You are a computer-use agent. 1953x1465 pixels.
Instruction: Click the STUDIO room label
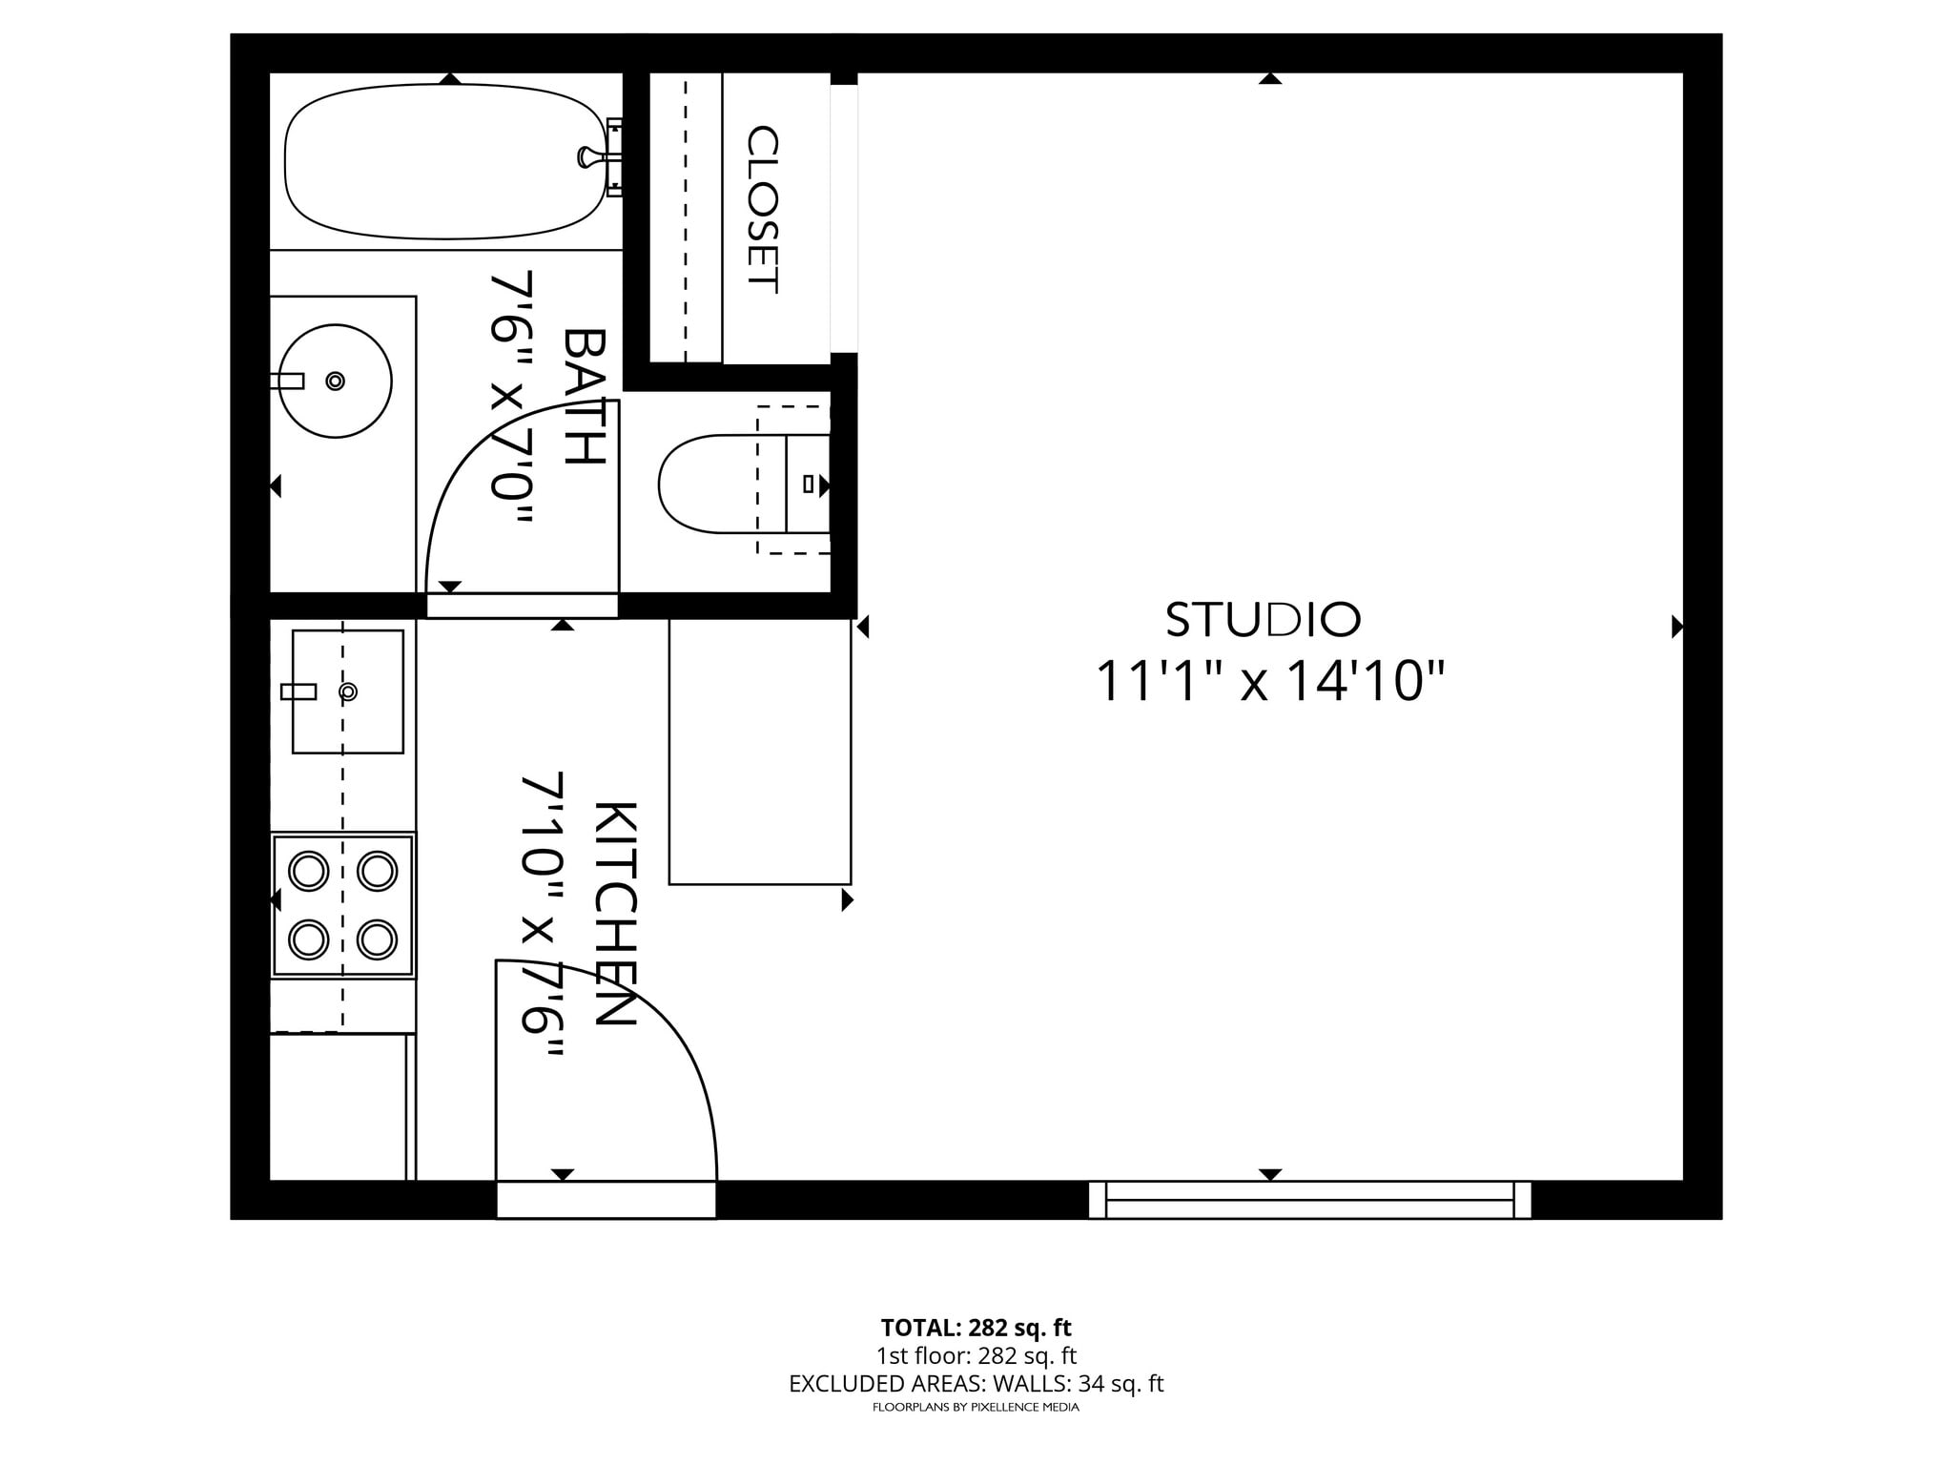(1263, 620)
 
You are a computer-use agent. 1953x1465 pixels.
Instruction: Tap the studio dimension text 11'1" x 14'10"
(1269, 682)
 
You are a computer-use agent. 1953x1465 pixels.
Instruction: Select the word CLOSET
(763, 209)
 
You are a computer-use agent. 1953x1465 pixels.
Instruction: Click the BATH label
(585, 397)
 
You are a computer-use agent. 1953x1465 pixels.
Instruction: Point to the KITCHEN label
(615, 913)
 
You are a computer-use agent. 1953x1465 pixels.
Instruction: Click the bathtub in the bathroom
(445, 161)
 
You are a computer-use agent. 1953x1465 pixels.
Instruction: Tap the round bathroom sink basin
(337, 382)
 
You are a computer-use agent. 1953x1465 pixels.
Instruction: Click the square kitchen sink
(348, 691)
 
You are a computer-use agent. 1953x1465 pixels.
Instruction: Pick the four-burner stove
(343, 905)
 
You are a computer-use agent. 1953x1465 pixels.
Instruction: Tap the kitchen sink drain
(348, 691)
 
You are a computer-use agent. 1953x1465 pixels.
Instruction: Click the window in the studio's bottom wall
(1309, 1199)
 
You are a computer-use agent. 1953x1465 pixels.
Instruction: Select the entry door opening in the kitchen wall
(606, 1199)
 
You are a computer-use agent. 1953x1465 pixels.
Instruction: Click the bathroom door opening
(522, 606)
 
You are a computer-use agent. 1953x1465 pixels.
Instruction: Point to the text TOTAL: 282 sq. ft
(976, 1328)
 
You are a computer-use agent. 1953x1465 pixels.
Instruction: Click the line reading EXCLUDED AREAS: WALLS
(976, 1384)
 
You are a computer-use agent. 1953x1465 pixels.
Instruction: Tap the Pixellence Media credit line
(976, 1407)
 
